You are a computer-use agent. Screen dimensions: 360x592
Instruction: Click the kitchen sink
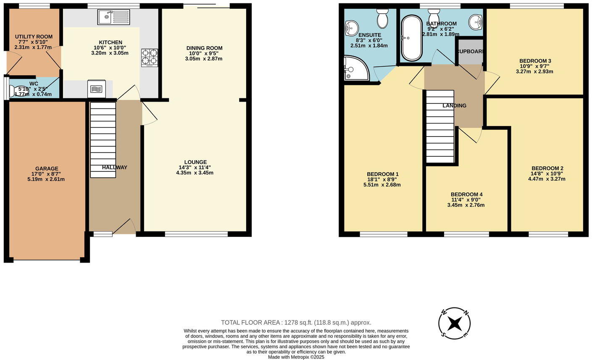pyautogui.click(x=114, y=17)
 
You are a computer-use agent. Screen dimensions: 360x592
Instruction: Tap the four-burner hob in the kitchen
pyautogui.click(x=150, y=58)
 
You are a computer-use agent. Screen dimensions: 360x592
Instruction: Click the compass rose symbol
pyautogui.click(x=454, y=323)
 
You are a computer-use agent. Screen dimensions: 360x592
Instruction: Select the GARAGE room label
pyautogui.click(x=47, y=168)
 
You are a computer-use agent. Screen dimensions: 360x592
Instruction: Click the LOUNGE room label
pyautogui.click(x=195, y=162)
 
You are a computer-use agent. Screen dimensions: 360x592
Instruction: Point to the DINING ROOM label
pyautogui.click(x=204, y=48)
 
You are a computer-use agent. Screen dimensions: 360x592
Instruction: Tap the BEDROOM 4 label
pyautogui.click(x=466, y=194)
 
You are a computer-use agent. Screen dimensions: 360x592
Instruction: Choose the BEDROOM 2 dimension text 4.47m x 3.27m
pyautogui.click(x=547, y=179)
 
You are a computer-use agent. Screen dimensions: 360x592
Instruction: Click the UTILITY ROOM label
pyautogui.click(x=34, y=37)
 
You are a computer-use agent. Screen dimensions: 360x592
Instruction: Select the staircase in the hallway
pyautogui.click(x=103, y=139)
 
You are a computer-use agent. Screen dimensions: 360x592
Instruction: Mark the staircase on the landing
pyautogui.click(x=440, y=126)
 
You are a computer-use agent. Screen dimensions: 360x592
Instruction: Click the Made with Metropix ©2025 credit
pyautogui.click(x=296, y=357)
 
